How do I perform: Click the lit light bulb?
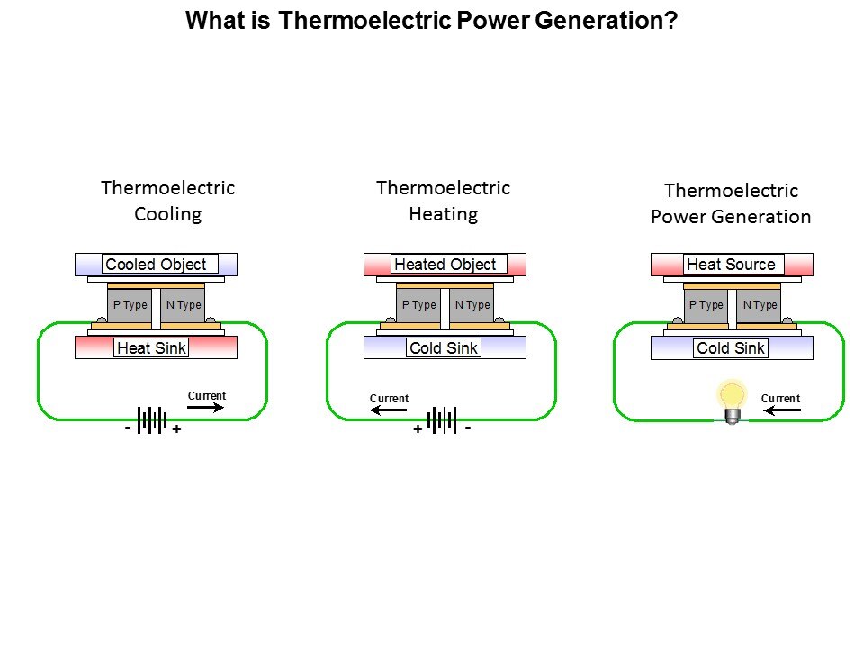click(x=733, y=400)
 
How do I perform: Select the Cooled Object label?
click(x=157, y=265)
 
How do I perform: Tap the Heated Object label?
click(x=445, y=265)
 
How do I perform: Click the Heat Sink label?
click(x=152, y=348)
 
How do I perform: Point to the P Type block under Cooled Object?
click(x=130, y=305)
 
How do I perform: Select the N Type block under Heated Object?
click(x=472, y=305)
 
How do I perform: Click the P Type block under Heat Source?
click(x=706, y=305)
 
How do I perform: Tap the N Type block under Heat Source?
click(x=760, y=305)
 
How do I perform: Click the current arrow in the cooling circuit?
click(x=206, y=408)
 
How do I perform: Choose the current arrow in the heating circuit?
click(x=389, y=410)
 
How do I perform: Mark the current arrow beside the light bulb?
click(x=781, y=410)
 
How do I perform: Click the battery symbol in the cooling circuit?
click(x=153, y=419)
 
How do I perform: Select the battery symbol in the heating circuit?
click(x=442, y=419)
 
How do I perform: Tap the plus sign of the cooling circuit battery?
click(x=176, y=430)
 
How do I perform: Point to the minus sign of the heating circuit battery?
click(x=468, y=427)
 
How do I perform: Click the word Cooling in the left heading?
click(x=167, y=214)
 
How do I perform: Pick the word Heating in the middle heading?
click(x=443, y=214)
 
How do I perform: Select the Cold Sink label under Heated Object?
click(x=444, y=348)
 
